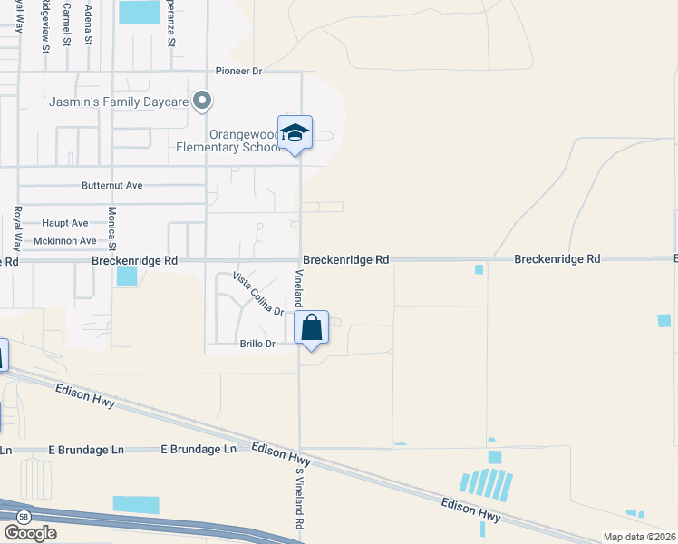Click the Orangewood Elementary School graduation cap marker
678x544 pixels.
(295, 133)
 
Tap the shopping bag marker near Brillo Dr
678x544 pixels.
(311, 328)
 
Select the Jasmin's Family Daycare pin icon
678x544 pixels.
(203, 102)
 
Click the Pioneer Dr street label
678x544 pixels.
(238, 71)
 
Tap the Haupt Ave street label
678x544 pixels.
(65, 223)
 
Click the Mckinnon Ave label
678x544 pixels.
(64, 241)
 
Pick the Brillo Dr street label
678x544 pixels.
(257, 344)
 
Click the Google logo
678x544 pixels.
(30, 533)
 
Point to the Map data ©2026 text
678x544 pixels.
(639, 537)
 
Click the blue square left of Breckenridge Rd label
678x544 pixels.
(126, 275)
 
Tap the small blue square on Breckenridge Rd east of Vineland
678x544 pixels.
(479, 269)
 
